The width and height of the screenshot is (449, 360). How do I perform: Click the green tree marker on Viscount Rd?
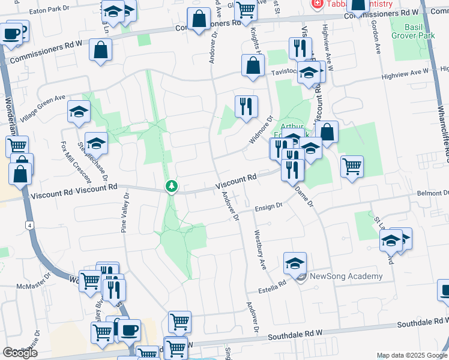[172, 187]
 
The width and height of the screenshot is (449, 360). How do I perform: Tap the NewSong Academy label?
[346, 276]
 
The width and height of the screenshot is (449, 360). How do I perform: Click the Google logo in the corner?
[19, 352]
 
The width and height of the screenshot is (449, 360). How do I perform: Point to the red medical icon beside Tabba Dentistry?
[316, 4]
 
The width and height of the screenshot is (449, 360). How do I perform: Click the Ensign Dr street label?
[268, 206]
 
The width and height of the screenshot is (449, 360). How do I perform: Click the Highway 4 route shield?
[28, 225]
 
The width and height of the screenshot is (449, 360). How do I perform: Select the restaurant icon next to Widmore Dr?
[246, 107]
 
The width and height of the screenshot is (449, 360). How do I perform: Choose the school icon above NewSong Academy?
[295, 263]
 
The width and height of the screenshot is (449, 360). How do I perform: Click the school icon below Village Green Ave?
[79, 112]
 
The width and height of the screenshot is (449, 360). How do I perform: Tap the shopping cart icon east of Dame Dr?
[352, 166]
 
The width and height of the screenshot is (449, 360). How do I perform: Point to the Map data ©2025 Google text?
[411, 355]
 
